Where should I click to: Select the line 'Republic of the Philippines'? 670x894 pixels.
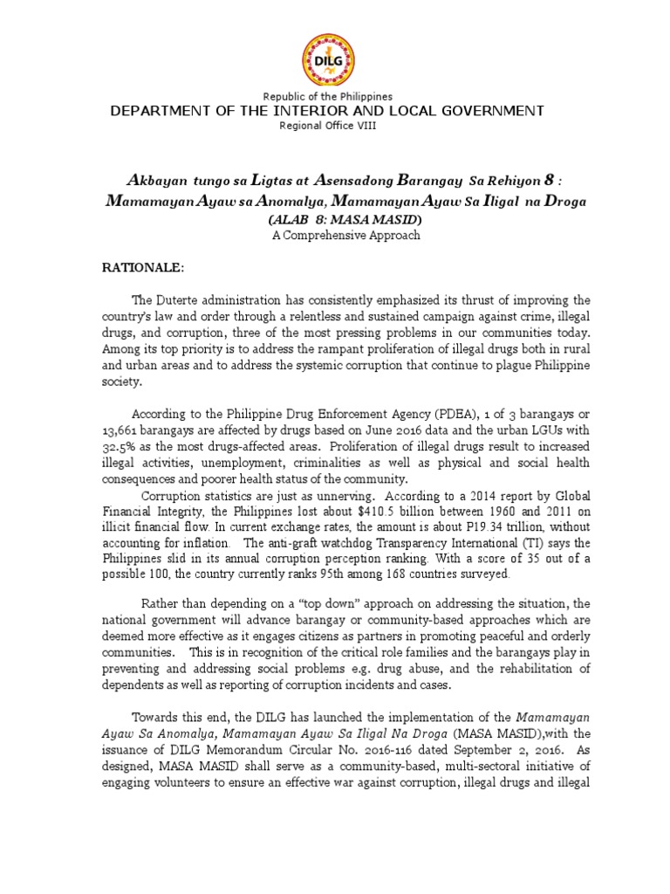[334, 96]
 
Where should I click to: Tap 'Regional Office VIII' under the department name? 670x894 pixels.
[334, 126]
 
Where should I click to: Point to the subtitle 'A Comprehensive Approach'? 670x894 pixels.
[334, 235]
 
